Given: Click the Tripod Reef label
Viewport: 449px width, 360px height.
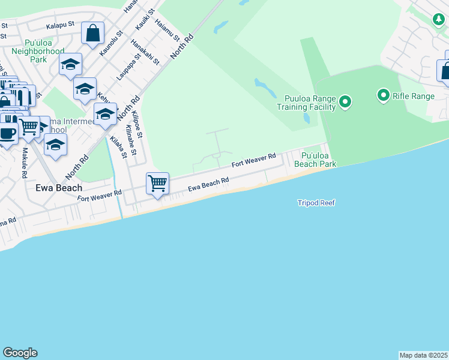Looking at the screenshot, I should tap(316, 203).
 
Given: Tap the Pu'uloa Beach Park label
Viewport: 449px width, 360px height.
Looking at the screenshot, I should tap(318, 159).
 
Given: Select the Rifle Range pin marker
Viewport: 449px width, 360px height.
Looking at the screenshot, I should tap(383, 95).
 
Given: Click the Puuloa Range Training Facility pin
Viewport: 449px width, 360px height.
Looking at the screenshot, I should tap(345, 102).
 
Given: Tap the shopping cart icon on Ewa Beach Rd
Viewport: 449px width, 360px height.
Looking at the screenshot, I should tap(157, 182).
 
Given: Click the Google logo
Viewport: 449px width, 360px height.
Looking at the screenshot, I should tap(20, 353).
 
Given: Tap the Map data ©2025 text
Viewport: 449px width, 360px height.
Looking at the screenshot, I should tap(423, 355).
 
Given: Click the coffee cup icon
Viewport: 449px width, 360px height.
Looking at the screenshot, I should tap(7, 133).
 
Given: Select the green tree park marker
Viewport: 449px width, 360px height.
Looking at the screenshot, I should tap(438, 19).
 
